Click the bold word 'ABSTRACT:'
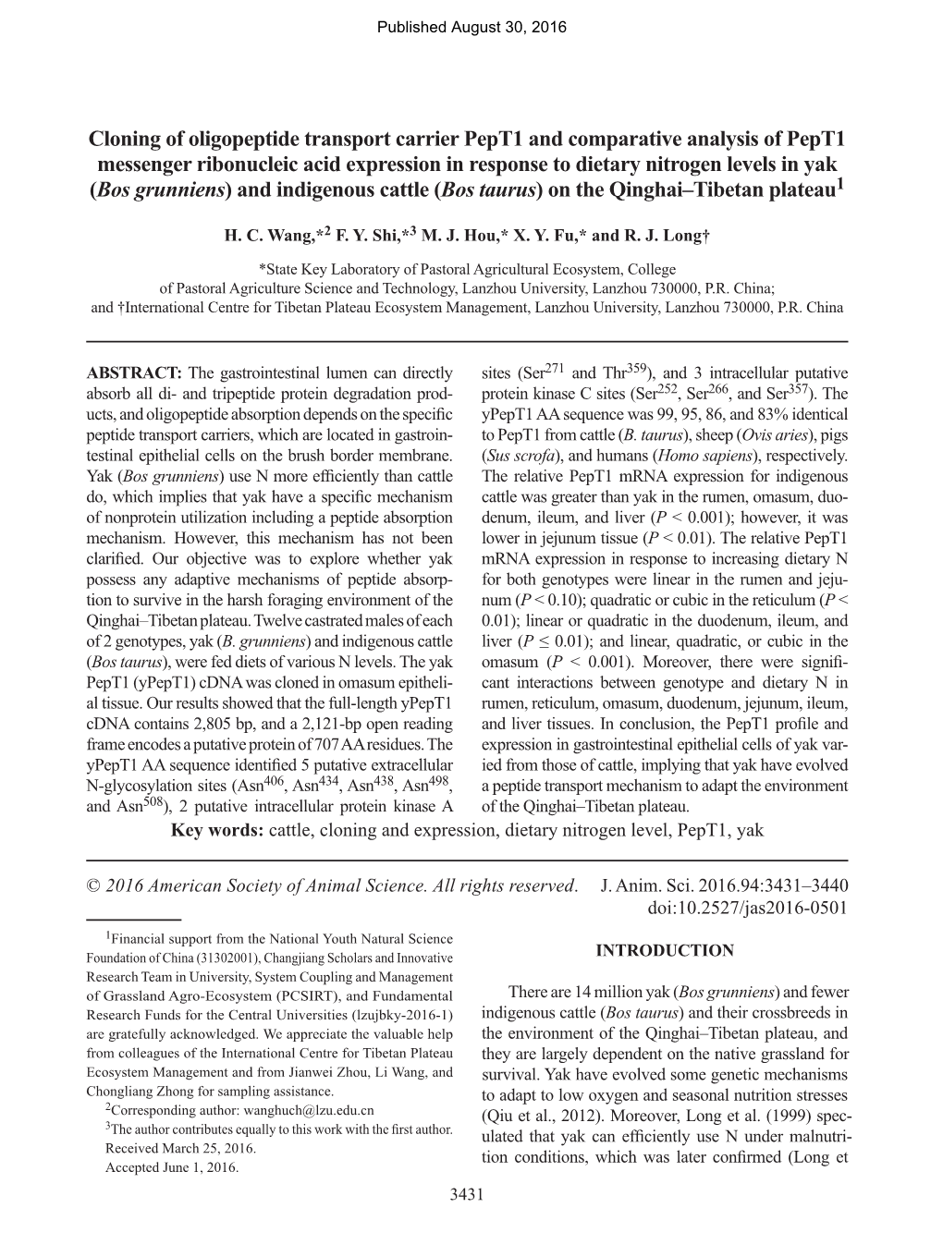133,373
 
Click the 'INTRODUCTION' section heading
665,950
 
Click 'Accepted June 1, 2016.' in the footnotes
172,1167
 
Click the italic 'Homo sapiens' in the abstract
704,456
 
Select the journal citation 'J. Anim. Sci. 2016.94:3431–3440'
724,885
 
